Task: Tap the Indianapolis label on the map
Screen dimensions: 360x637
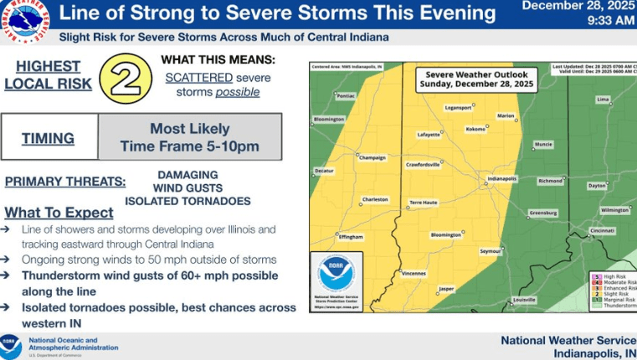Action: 503,178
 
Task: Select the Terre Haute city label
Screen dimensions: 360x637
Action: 423,203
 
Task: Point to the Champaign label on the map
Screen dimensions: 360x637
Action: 372,157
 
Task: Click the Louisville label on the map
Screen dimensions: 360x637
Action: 524,299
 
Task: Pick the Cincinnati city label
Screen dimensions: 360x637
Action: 601,230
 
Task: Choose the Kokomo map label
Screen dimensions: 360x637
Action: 475,129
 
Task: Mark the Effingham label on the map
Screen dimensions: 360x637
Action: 351,237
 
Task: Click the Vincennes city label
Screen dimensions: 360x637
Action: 414,273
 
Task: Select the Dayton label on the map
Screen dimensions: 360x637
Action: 597,185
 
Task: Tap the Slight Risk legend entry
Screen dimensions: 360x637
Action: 619,293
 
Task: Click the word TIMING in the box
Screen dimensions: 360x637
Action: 49,138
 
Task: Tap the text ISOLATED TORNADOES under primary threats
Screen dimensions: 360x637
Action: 188,201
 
